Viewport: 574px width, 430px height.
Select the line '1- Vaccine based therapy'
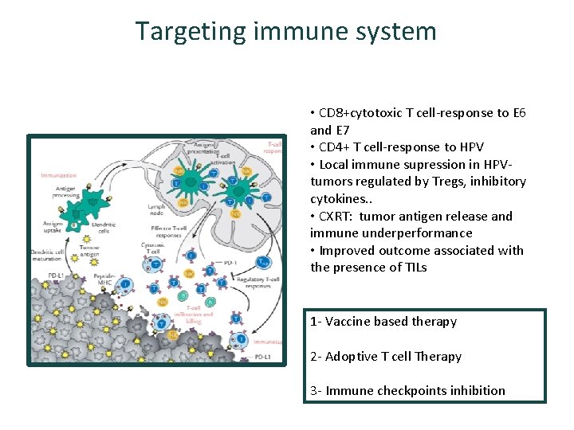[x=383, y=322]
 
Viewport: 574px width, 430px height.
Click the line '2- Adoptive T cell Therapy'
[x=386, y=357]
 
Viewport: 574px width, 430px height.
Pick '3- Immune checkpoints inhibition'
[x=407, y=391]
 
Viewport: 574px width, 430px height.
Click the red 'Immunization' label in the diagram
[x=58, y=174]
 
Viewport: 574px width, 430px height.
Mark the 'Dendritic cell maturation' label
[x=53, y=256]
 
